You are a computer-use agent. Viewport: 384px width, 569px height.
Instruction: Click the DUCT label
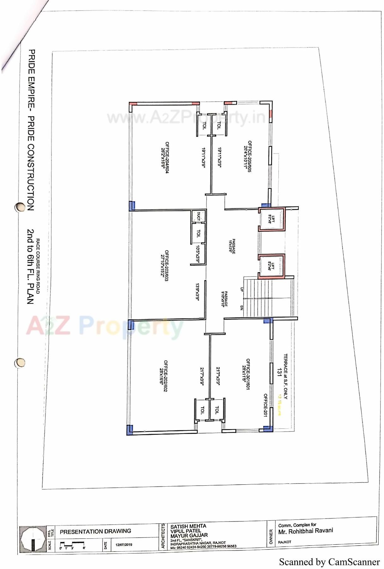tap(198, 216)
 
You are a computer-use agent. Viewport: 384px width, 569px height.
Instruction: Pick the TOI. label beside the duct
tap(198, 233)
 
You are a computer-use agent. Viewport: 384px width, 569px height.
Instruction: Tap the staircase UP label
tap(242, 289)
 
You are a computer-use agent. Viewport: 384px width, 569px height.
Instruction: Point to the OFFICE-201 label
tap(265, 405)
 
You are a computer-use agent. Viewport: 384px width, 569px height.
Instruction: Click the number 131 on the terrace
tap(279, 372)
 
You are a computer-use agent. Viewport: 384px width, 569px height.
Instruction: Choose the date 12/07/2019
tap(124, 545)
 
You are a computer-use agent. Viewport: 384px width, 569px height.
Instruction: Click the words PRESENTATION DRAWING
tap(95, 531)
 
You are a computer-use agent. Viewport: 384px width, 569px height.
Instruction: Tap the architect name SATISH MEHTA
tap(188, 526)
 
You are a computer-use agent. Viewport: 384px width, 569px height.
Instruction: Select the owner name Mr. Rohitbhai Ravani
tap(306, 531)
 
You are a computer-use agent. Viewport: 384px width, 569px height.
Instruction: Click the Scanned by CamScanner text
tap(329, 562)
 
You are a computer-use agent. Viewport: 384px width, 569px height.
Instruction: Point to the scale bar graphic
tap(72, 544)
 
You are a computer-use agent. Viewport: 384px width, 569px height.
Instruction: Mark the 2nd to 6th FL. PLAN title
tap(31, 267)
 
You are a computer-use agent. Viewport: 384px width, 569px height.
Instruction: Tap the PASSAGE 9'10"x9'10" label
tap(224, 299)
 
